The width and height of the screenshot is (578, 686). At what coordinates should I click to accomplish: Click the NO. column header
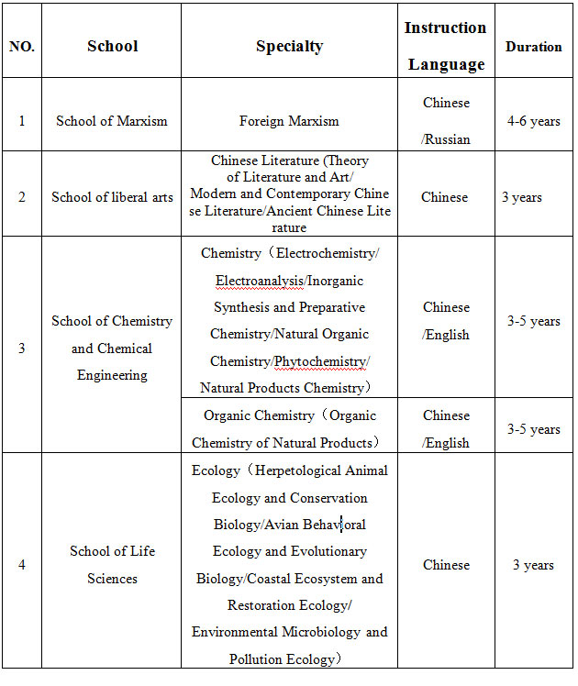coord(21,46)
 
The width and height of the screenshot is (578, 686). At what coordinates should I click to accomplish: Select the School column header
coord(112,46)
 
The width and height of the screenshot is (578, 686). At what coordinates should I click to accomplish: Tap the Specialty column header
coord(289,46)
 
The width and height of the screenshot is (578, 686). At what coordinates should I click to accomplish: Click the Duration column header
coord(533,47)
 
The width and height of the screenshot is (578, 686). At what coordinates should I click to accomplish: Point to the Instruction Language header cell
coord(446,46)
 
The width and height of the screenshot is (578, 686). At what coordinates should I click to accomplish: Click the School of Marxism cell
coord(112,121)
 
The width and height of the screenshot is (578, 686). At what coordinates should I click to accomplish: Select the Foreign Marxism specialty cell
coord(289,121)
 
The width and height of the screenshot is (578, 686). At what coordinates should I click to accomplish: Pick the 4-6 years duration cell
coord(533,121)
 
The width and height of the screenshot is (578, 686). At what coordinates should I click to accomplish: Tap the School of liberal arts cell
coord(112,197)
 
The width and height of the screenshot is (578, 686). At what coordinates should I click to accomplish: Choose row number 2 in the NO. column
coord(21,197)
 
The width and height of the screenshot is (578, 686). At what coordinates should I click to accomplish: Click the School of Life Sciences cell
coord(112,565)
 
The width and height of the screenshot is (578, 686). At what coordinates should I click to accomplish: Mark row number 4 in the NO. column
coord(21,565)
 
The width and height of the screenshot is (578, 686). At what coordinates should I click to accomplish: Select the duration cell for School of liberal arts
coord(522,197)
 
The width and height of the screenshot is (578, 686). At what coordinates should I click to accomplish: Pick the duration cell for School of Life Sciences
coord(533,565)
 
